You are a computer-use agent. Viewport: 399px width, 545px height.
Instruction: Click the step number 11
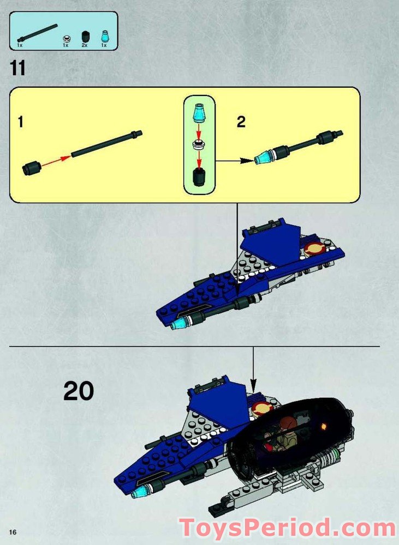[17, 69]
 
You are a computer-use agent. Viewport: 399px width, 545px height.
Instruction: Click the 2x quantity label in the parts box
[85, 45]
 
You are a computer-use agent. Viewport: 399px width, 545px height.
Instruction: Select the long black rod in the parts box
[38, 32]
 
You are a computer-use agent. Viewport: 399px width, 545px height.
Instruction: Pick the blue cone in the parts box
[104, 37]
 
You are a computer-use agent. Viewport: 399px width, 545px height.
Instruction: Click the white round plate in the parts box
[65, 38]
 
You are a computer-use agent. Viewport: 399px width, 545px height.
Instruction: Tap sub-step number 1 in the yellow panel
[21, 122]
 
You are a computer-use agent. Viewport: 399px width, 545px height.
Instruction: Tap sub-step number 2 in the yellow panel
[241, 122]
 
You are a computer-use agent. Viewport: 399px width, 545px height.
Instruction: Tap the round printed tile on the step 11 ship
[315, 250]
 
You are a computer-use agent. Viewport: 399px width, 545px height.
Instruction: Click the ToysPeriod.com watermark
[288, 528]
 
